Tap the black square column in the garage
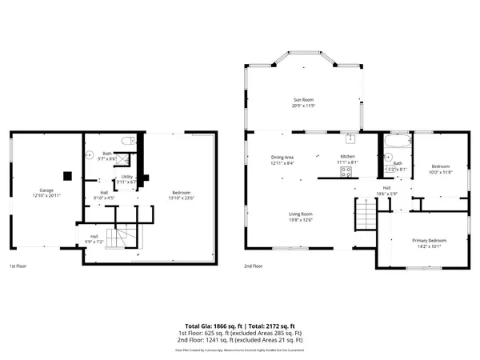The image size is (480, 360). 67,175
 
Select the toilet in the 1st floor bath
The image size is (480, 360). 125,141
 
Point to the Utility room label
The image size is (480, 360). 127,177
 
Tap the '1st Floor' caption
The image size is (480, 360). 19,265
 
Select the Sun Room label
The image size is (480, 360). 302,100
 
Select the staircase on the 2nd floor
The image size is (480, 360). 366,214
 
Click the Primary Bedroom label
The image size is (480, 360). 429,240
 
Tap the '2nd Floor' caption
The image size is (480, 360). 255,265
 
